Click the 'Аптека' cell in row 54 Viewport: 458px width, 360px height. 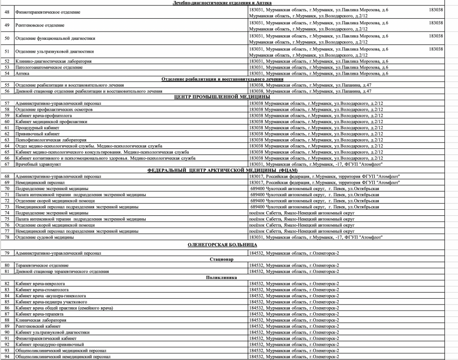(22, 73)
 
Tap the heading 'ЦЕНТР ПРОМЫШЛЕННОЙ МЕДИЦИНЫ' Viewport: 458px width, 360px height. (222, 97)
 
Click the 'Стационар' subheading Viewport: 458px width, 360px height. (222, 259)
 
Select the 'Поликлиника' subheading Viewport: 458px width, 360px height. (222, 278)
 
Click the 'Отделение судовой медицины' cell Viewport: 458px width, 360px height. (44, 237)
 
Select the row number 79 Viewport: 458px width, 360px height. (7, 253)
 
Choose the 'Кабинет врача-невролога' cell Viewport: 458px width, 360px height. (40, 284)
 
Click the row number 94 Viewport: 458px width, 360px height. (7, 357)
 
